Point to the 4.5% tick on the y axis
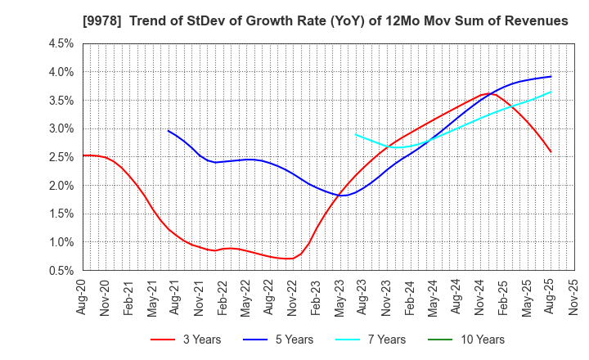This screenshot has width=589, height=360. [x=62, y=43]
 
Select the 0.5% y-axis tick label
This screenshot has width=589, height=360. [x=62, y=270]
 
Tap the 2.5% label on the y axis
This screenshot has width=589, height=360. [x=62, y=157]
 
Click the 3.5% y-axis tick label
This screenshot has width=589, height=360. [x=62, y=101]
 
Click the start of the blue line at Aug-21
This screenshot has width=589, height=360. [x=168, y=131]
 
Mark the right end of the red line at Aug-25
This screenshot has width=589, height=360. [x=551, y=151]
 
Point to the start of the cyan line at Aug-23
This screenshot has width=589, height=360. [x=355, y=134]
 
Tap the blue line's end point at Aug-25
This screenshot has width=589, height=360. [x=551, y=76]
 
